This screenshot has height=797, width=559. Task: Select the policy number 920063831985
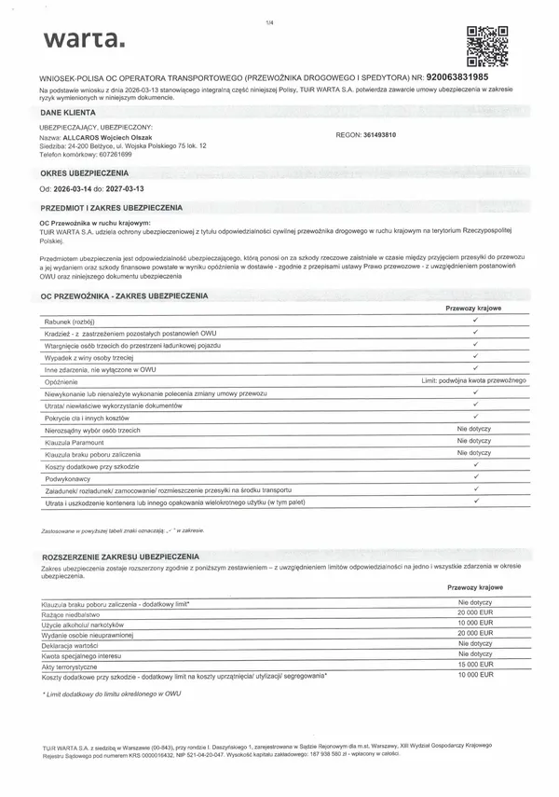483,75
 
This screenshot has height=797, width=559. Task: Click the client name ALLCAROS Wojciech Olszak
110,136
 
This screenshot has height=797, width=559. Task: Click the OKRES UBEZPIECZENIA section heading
84,172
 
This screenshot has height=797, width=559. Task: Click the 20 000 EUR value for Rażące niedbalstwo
474,615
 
